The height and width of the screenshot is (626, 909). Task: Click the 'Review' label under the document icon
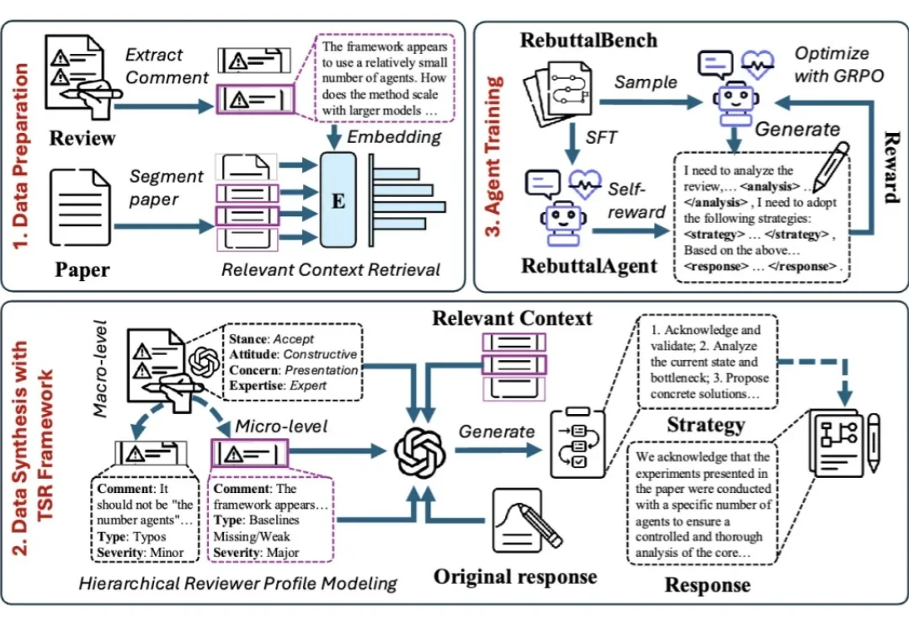(x=82, y=138)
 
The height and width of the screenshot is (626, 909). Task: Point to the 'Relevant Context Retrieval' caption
(x=331, y=270)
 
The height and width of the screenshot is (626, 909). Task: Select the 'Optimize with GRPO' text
(x=838, y=64)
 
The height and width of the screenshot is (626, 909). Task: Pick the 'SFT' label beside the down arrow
(x=601, y=138)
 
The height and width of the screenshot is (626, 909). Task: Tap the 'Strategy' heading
(x=705, y=424)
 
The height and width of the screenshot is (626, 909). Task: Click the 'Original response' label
(x=515, y=576)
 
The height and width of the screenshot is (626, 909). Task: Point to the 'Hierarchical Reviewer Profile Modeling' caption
(x=238, y=582)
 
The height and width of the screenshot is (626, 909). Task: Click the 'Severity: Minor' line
(x=139, y=552)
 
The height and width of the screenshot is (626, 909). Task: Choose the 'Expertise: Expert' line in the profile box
(x=280, y=385)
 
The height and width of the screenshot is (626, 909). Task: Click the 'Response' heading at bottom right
(x=707, y=585)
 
